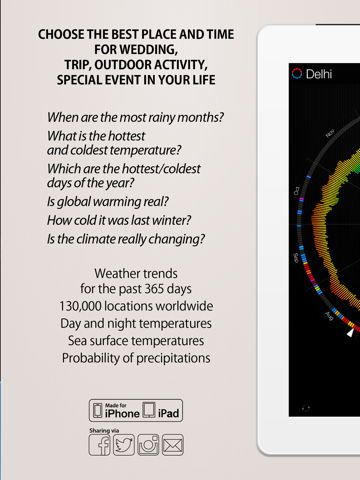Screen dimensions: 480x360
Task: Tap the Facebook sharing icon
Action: point(99,444)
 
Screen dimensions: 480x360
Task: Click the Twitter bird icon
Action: point(124,444)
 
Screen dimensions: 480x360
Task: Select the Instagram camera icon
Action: point(148,444)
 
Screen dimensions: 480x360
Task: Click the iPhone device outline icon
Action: point(97,409)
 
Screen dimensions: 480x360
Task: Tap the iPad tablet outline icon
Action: point(149,409)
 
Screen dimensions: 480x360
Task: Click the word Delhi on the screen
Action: point(319,73)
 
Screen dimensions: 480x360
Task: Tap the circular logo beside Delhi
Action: point(296,73)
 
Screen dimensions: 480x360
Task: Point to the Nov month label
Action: point(329,133)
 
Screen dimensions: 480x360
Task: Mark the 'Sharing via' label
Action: point(107,428)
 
